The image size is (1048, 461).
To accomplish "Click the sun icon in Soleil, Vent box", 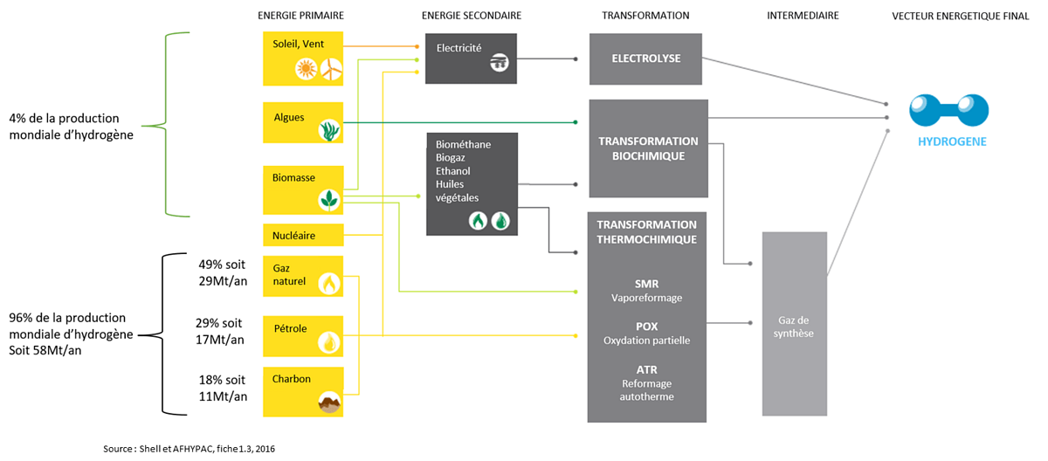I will (306, 69).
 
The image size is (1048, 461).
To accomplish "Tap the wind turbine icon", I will (330, 69).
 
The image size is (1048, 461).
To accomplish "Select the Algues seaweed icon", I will (329, 130).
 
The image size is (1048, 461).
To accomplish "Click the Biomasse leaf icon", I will (329, 200).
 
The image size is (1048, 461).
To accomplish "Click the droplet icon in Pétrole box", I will (329, 341).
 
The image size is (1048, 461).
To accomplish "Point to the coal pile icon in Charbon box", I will (329, 403).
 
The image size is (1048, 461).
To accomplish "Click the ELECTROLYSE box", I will (645, 58).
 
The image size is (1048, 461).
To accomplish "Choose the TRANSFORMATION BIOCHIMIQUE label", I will (648, 148).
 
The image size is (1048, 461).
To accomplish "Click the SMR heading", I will (647, 284).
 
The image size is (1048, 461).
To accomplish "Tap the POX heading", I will (647, 327).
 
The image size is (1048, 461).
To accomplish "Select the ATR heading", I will (647, 369).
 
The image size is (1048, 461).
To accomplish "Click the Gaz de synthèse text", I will (794, 327).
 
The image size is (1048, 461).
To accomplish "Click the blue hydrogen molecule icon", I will (948, 110).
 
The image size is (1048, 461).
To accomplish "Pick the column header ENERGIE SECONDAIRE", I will (471, 16).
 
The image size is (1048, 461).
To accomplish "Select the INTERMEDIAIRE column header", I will (802, 16).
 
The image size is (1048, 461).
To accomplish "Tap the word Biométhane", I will (463, 145).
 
